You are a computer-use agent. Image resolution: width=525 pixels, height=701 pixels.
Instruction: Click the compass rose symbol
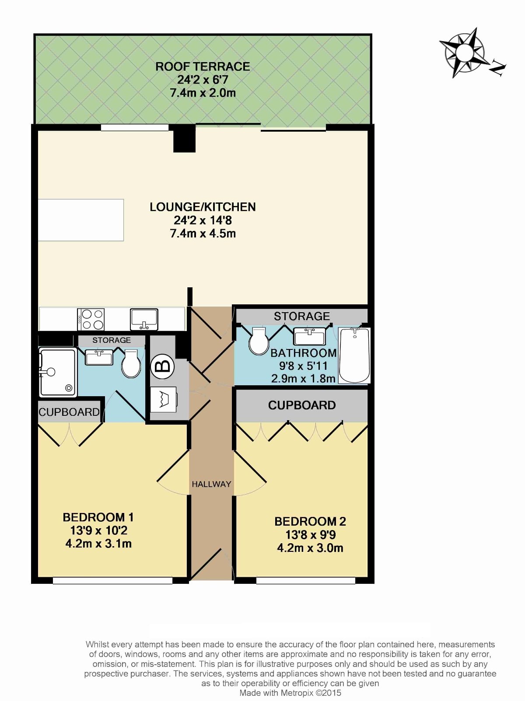pos(465,52)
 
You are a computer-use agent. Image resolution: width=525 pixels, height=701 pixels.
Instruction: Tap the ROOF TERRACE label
pos(203,66)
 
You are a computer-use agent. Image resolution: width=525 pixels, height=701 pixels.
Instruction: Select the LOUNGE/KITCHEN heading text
pos(203,207)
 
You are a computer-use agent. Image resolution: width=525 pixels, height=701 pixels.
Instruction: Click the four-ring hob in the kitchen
pos(91,319)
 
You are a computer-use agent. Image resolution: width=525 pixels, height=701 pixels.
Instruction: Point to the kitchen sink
pos(144,319)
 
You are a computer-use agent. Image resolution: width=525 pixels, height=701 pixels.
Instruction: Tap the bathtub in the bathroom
pos(354,355)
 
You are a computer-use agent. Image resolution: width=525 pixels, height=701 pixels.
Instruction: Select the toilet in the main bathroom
pos(259,341)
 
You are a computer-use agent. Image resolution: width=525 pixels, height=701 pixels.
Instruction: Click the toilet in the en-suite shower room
pos(131,363)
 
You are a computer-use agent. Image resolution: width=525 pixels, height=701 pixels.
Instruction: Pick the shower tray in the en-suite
pos(57,373)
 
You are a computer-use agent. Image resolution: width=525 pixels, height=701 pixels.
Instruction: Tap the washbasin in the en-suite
pos(99,357)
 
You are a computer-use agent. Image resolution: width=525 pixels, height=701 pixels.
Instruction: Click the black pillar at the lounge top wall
pos(184,138)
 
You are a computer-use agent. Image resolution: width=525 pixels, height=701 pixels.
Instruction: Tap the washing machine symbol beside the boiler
pos(164,399)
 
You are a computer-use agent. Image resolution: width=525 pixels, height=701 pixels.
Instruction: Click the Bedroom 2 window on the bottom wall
pos(306,580)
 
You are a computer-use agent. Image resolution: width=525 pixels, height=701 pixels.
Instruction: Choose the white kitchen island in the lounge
pos(81,220)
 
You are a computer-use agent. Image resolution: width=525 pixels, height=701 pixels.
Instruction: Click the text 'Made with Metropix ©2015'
pos(290,693)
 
